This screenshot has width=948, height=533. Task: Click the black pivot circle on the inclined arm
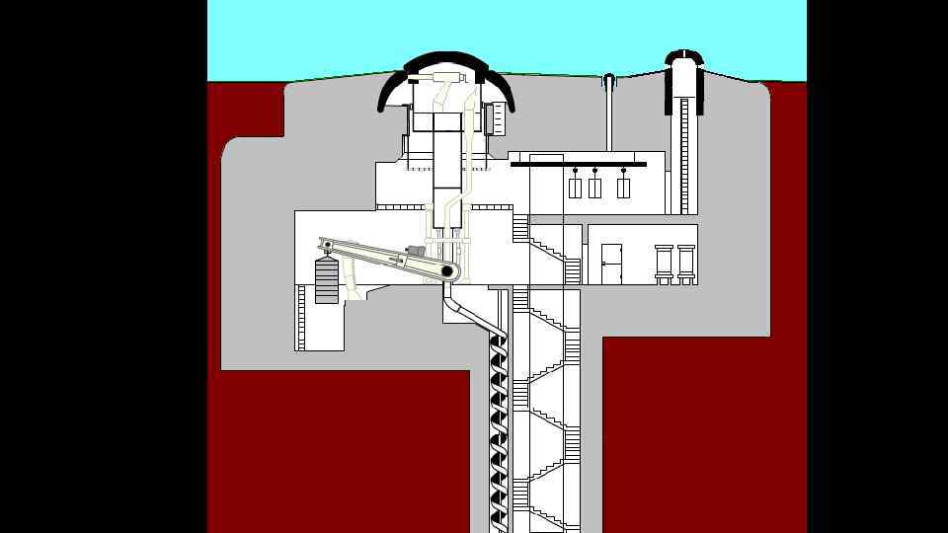coord(447,270)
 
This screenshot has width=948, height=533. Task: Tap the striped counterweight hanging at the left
coord(327,280)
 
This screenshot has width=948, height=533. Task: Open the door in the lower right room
coord(611,264)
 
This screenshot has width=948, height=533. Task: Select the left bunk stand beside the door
coord(664,264)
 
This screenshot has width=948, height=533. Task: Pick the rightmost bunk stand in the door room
coord(686,264)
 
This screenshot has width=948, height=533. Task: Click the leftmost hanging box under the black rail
coord(576,187)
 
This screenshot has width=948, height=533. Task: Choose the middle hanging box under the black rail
coord(595,187)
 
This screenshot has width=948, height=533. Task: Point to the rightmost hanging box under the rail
coord(623,187)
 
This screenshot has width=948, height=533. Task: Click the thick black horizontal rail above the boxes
coord(578,164)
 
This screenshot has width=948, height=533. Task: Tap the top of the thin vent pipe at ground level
coord(609,78)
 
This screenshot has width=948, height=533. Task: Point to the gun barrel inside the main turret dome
coord(438,75)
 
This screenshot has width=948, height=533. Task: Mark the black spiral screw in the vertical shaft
coord(498,415)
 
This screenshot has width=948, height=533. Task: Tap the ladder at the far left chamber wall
coord(301,316)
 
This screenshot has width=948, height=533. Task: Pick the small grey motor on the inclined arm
coord(416,255)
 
